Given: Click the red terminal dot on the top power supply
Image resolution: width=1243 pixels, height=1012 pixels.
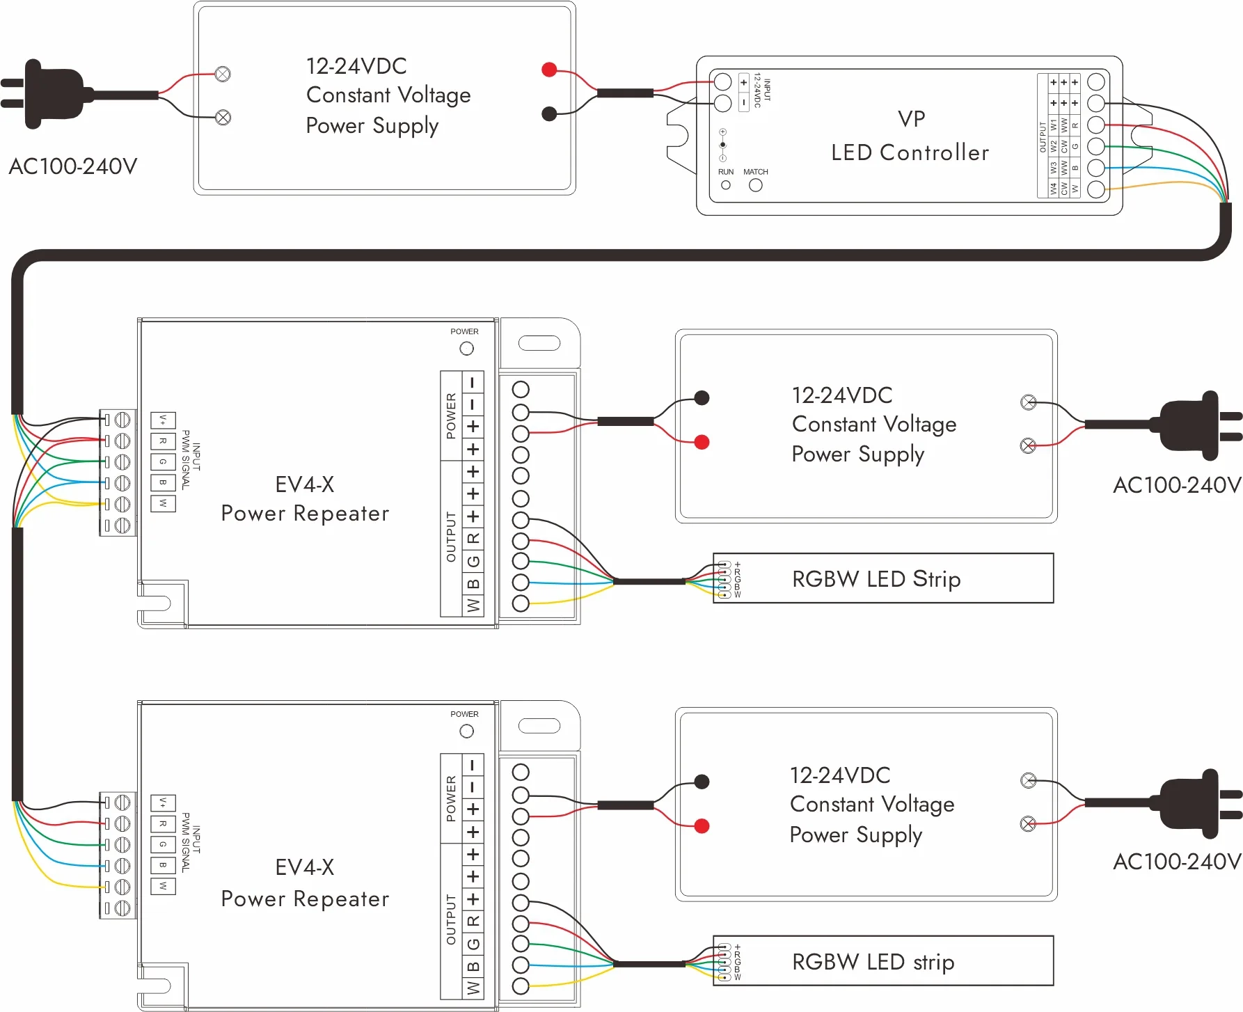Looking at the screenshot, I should (x=549, y=69).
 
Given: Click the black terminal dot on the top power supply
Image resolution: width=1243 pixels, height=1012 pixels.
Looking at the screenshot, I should (x=549, y=113).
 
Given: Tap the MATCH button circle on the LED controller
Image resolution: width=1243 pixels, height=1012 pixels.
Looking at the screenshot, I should (x=755, y=185).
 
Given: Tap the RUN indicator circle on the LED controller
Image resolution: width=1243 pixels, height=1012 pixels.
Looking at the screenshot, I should (x=726, y=185).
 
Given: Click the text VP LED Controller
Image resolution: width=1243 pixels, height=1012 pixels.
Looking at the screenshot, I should (x=910, y=136).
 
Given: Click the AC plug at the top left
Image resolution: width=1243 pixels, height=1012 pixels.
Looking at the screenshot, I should (x=49, y=95).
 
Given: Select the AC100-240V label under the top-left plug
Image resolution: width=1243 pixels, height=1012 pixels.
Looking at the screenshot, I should (x=73, y=166).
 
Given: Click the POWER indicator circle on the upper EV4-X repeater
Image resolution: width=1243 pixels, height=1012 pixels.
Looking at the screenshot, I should (x=466, y=348).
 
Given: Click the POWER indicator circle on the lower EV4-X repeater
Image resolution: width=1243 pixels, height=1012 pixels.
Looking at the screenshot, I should (x=466, y=731).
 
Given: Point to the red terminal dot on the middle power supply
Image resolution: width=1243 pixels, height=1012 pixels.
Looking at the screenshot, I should (x=702, y=442).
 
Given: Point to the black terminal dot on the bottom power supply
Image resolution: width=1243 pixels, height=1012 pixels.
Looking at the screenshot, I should (x=702, y=782).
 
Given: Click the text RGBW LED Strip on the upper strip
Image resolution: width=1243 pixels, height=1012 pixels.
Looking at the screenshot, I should (x=876, y=579).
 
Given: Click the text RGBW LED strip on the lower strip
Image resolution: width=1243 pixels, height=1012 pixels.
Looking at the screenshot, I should (x=873, y=962).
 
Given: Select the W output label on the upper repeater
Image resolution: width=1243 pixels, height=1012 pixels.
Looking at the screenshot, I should (x=473, y=606).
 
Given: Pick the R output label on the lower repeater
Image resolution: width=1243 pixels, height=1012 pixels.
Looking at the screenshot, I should (x=473, y=922).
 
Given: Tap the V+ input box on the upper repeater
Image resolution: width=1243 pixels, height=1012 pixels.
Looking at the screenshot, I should (x=163, y=420).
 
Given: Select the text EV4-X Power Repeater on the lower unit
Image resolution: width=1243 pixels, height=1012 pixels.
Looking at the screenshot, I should (x=305, y=883).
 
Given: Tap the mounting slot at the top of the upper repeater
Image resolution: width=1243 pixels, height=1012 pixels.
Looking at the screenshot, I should (x=539, y=343).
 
